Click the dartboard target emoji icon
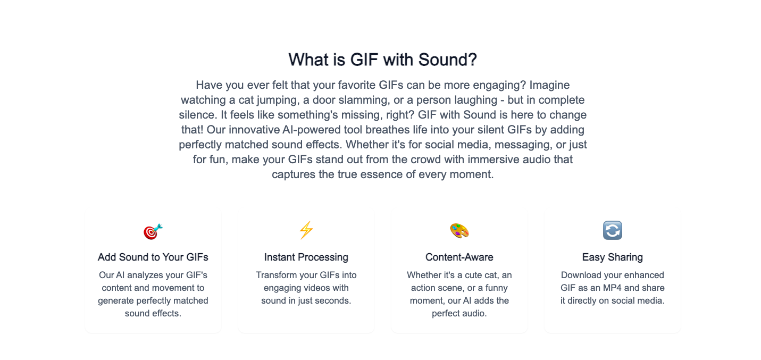(153, 231)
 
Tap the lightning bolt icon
(306, 230)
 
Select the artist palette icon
(459, 231)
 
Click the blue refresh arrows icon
(613, 230)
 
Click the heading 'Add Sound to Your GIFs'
(153, 257)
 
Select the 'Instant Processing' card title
(306, 257)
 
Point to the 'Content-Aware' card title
(459, 257)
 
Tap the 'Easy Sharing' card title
(613, 257)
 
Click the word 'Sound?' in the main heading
(448, 60)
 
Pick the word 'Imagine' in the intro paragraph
(549, 85)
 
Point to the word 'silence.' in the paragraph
(198, 115)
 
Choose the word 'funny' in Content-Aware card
(496, 288)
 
